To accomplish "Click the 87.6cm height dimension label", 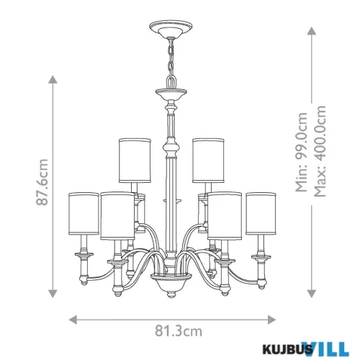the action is point(42,182).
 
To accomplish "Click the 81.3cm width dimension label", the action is point(179,331).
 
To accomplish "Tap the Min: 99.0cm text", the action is point(301,152).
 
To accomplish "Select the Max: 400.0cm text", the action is point(320,151).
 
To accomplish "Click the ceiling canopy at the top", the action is point(171,28).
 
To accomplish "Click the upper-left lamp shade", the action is point(135,161).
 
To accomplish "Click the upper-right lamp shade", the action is point(208,161).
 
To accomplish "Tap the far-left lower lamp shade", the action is point(84,213).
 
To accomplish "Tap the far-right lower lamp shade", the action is point(261,213).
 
